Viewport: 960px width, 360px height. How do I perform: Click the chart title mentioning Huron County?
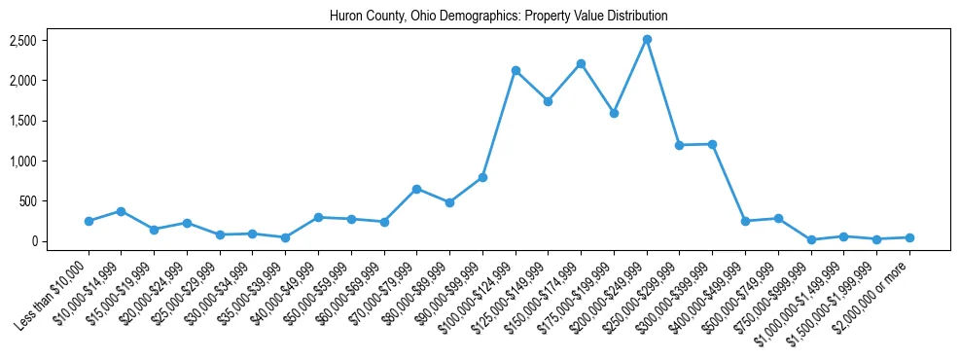(x=498, y=17)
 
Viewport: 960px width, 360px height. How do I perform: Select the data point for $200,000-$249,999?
(x=647, y=40)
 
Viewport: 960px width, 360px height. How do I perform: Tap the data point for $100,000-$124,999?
(x=516, y=70)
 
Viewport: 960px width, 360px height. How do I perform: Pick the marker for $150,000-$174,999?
(x=581, y=64)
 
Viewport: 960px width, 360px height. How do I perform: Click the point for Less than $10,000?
(x=89, y=221)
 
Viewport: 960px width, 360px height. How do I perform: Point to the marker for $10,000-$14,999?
(x=121, y=211)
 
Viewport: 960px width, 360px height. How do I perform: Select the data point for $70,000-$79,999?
(x=416, y=189)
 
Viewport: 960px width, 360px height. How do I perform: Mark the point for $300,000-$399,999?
(x=712, y=144)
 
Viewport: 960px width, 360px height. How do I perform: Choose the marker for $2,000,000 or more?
(x=909, y=237)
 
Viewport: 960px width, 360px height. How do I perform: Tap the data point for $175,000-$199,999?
(x=614, y=113)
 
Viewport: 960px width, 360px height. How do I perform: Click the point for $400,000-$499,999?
(x=745, y=221)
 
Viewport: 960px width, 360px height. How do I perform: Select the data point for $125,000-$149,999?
(x=549, y=101)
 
